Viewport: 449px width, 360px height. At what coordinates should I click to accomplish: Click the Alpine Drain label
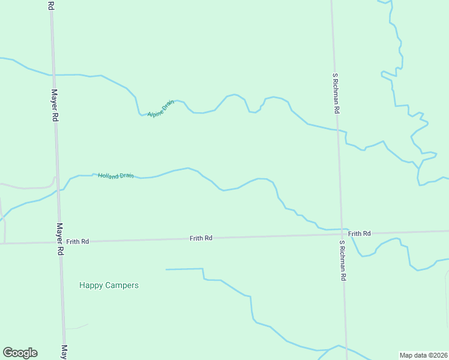[x=160, y=108]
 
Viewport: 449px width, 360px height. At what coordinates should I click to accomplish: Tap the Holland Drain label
[x=116, y=176]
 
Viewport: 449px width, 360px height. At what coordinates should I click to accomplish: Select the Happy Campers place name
[x=109, y=285]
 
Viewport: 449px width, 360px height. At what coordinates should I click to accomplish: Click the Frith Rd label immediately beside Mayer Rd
[x=77, y=241]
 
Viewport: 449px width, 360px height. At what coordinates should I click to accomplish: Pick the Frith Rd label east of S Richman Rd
[x=359, y=233]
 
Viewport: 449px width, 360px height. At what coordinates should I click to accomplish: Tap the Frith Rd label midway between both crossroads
[x=200, y=238]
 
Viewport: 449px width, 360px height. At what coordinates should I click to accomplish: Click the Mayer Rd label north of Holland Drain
[x=54, y=106]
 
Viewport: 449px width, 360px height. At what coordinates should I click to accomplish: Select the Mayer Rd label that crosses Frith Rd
[x=59, y=240]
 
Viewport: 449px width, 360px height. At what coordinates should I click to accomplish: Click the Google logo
[x=20, y=353]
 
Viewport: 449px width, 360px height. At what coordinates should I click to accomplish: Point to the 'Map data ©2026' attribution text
[x=423, y=355]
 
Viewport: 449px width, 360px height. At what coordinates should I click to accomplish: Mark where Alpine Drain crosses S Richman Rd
[x=337, y=129]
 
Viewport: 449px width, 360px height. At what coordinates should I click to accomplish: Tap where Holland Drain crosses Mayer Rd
[x=57, y=190]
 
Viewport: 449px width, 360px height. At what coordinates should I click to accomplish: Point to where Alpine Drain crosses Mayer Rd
[x=53, y=75]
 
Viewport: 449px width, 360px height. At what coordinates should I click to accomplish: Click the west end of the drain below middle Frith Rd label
[x=166, y=269]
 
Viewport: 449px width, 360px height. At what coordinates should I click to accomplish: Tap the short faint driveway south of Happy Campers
[x=77, y=327]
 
